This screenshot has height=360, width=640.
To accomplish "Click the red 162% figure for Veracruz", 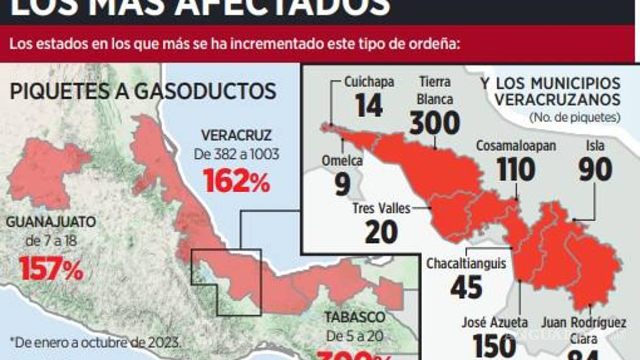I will (x=236, y=181).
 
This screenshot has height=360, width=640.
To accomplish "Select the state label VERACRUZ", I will (x=236, y=135).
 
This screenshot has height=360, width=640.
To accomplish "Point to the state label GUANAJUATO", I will (x=51, y=222).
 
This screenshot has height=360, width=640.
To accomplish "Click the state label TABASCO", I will (x=354, y=317).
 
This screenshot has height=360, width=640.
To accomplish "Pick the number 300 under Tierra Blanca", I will (x=434, y=123).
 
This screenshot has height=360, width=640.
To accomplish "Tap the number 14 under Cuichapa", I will (x=369, y=105).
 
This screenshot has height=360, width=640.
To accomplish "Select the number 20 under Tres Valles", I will (x=381, y=232).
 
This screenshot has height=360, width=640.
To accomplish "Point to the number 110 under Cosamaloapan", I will (x=516, y=169).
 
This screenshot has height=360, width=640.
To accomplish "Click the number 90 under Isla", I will (x=594, y=169).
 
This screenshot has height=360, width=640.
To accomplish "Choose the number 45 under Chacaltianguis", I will (x=466, y=287).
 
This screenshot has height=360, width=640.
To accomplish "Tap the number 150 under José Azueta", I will (x=494, y=346).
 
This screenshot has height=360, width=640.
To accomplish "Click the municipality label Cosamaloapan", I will (x=516, y=146).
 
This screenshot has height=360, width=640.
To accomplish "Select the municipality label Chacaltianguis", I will (x=466, y=263).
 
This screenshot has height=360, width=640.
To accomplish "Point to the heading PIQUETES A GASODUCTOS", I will (x=143, y=92).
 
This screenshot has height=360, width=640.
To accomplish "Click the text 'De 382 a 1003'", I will (x=237, y=154).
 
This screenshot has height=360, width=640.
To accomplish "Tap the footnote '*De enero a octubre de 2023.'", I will (x=96, y=341).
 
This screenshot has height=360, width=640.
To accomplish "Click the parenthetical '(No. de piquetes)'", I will (x=574, y=117).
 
